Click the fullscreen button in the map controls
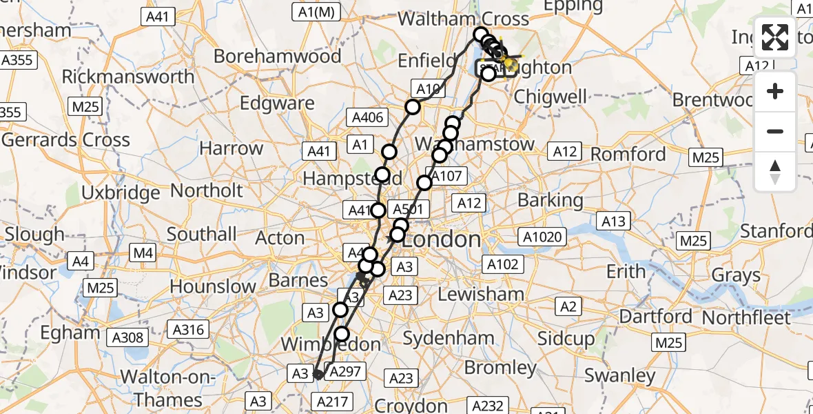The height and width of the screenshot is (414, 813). (x=775, y=37)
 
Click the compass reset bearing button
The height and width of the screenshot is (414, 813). (x=775, y=172)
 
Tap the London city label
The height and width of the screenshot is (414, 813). (x=441, y=240)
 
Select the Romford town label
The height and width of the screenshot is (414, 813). (x=629, y=154)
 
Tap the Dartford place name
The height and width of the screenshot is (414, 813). (x=655, y=317)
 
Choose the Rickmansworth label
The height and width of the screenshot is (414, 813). (x=128, y=77)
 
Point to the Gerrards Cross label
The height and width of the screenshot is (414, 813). (x=65, y=140)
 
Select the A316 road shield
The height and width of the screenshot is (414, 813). (x=188, y=331)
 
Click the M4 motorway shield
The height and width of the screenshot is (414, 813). (x=143, y=253)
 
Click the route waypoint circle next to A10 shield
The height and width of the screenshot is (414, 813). (x=412, y=106)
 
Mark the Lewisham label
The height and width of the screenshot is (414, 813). (x=481, y=295)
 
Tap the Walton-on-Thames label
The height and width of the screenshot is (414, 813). (x=168, y=388)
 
